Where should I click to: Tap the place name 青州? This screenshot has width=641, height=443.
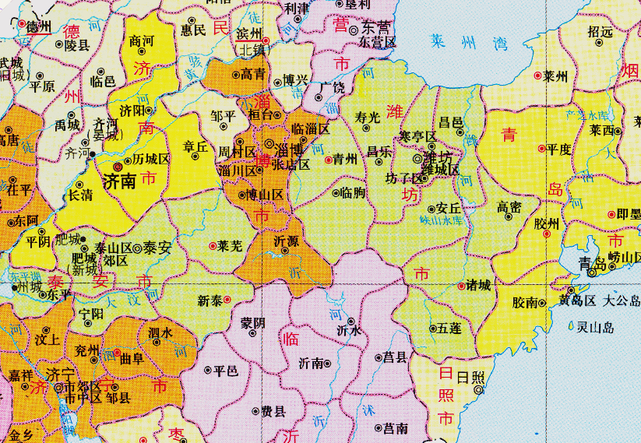[344, 159]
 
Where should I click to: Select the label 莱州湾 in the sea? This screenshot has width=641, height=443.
[459, 41]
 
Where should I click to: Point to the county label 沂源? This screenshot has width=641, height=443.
[286, 242]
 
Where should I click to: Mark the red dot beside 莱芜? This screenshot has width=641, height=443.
[213, 246]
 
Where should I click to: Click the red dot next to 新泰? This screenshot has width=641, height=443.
[227, 299]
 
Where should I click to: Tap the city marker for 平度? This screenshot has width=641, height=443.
[541, 148]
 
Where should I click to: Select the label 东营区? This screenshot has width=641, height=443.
[378, 42]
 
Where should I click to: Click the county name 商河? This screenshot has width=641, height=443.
[142, 40]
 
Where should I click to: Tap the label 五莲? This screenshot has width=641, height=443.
[450, 329]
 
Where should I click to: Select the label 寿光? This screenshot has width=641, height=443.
[368, 118]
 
